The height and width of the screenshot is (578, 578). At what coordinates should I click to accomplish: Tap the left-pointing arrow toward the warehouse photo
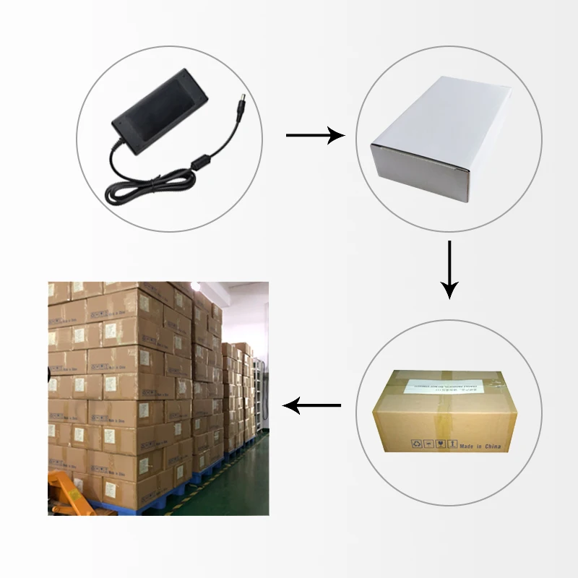311,406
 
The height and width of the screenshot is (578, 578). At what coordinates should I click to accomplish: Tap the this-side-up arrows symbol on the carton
452,443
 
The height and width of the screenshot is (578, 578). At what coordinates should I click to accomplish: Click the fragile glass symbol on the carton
440,443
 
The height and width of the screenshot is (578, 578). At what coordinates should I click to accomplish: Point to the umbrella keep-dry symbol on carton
428,443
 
